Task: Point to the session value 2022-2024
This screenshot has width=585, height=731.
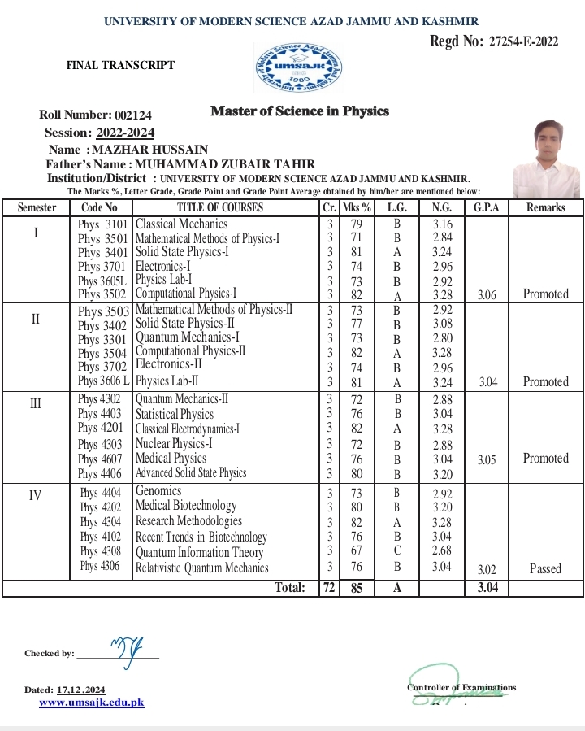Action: pyautogui.click(x=125, y=133)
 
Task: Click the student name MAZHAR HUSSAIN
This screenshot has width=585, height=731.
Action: pyautogui.click(x=149, y=149)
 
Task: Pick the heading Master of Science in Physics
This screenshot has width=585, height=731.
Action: pyautogui.click(x=300, y=111)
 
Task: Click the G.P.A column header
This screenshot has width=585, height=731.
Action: pyautogui.click(x=487, y=207)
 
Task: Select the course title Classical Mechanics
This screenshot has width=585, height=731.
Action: pyautogui.click(x=181, y=224)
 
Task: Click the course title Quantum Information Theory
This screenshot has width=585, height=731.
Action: pyautogui.click(x=200, y=552)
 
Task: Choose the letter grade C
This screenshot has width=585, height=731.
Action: pyautogui.click(x=397, y=552)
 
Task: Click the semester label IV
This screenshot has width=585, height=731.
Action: pyautogui.click(x=35, y=494)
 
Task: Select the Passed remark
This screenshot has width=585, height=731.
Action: pyautogui.click(x=545, y=568)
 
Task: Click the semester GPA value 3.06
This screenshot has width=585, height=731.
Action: pyautogui.click(x=487, y=294)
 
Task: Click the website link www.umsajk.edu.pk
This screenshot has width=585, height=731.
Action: pyautogui.click(x=92, y=702)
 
